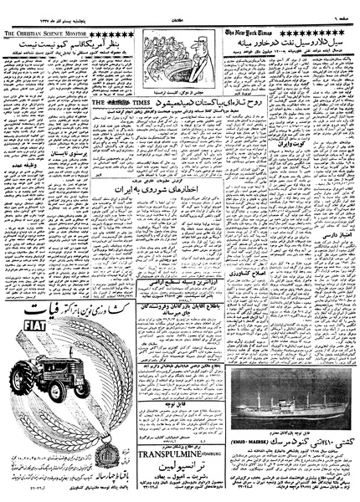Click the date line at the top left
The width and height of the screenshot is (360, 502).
38,7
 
